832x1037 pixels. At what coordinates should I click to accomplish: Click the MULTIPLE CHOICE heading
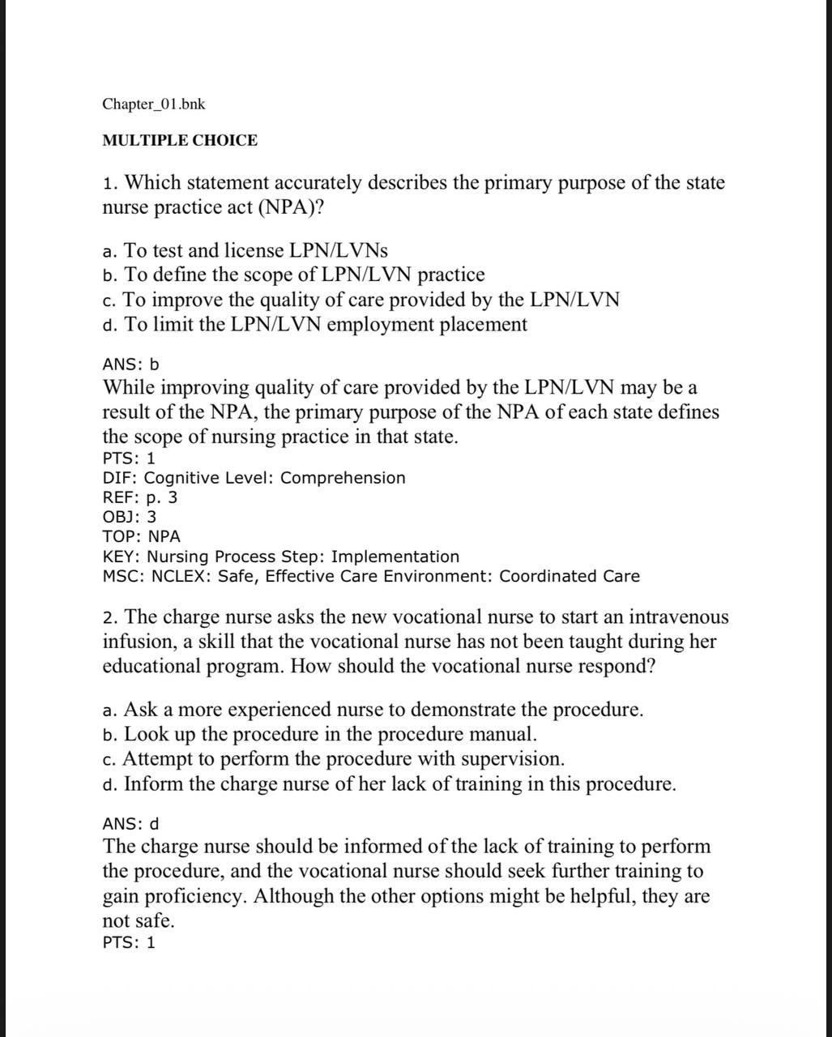(180, 140)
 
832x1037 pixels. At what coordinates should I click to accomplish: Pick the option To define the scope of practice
(293, 275)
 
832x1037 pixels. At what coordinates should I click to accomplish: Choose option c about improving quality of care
(361, 300)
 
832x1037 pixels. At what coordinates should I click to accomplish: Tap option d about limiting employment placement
(314, 325)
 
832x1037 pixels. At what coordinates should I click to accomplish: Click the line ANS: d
(130, 824)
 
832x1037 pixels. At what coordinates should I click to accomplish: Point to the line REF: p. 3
(139, 497)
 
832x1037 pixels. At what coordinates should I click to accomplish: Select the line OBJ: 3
(130, 517)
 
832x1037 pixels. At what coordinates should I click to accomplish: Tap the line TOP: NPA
(141, 536)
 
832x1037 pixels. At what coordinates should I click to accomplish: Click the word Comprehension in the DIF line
(343, 478)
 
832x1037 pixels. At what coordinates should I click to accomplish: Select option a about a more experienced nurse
(373, 710)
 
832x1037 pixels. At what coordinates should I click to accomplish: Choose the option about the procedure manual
(320, 735)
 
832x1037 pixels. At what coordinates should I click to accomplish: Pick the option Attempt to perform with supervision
(334, 759)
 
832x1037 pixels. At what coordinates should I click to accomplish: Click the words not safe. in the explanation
(138, 921)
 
